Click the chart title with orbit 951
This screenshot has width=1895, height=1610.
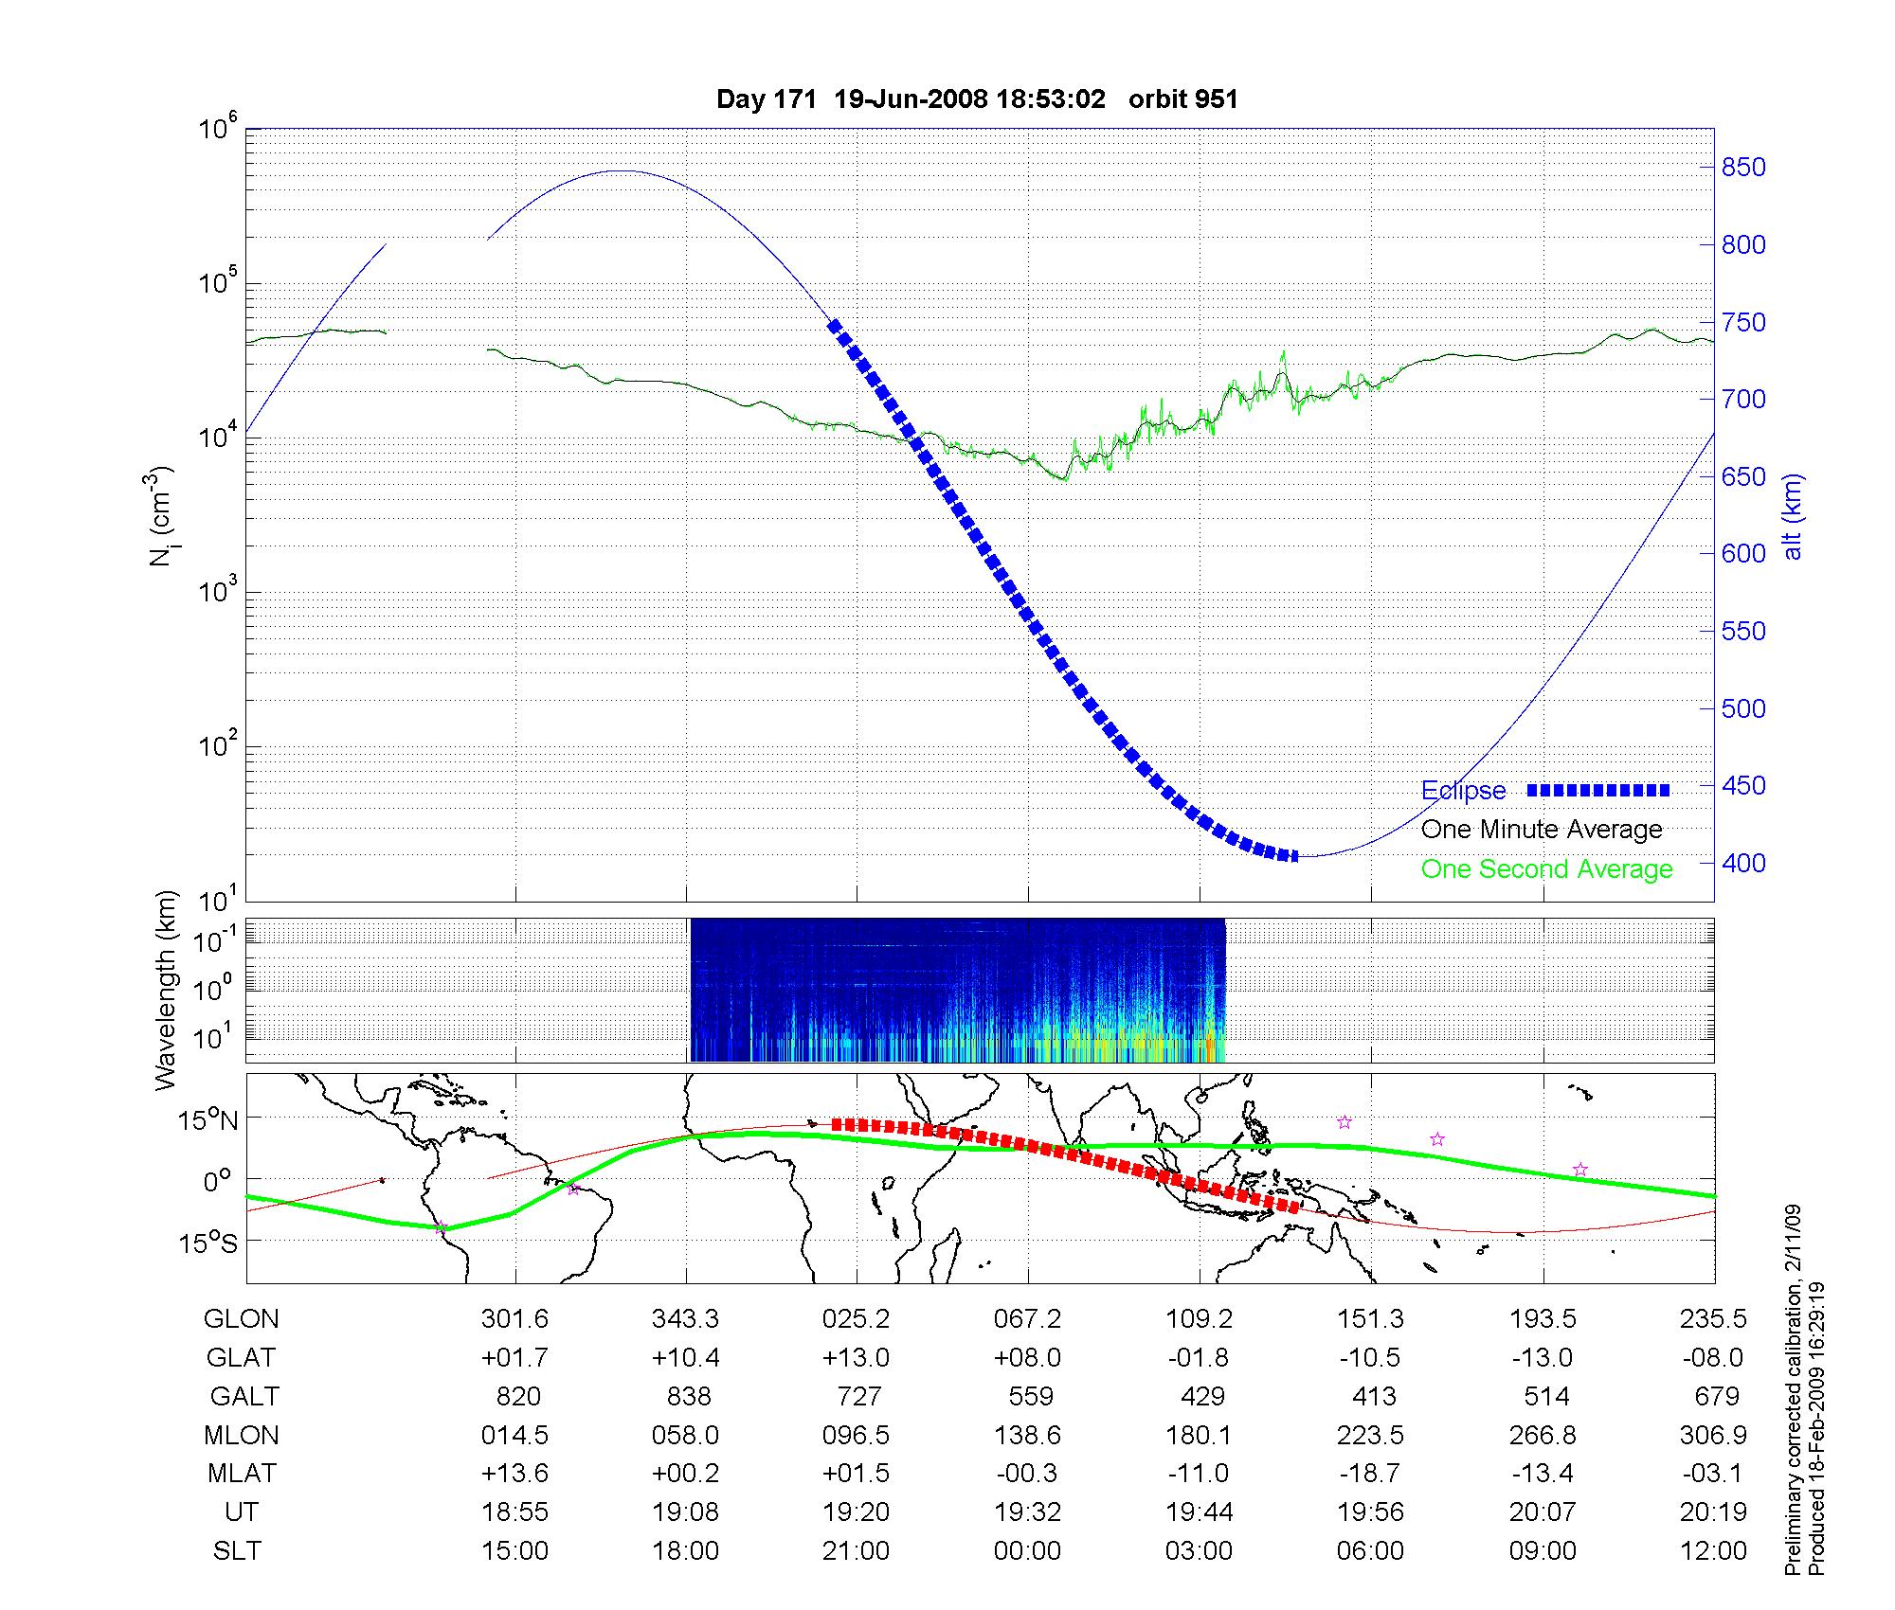click(x=977, y=99)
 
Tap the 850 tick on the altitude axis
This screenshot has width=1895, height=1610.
click(x=1743, y=168)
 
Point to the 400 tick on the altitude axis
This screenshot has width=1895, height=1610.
click(x=1743, y=863)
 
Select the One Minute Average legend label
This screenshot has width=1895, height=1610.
click(x=1542, y=830)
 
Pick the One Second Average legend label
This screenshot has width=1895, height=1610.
click(x=1546, y=869)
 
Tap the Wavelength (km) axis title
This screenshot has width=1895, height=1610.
click(x=166, y=990)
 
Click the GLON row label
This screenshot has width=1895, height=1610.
click(x=241, y=1318)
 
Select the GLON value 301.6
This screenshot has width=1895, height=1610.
click(x=514, y=1318)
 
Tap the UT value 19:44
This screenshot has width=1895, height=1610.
click(x=1199, y=1512)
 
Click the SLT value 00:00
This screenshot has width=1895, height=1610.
click(x=1027, y=1551)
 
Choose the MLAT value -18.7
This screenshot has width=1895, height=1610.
click(x=1369, y=1474)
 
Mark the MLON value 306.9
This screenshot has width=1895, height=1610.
click(x=1713, y=1435)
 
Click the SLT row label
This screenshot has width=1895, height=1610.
click(x=237, y=1551)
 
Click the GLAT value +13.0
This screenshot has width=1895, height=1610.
click(x=856, y=1357)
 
